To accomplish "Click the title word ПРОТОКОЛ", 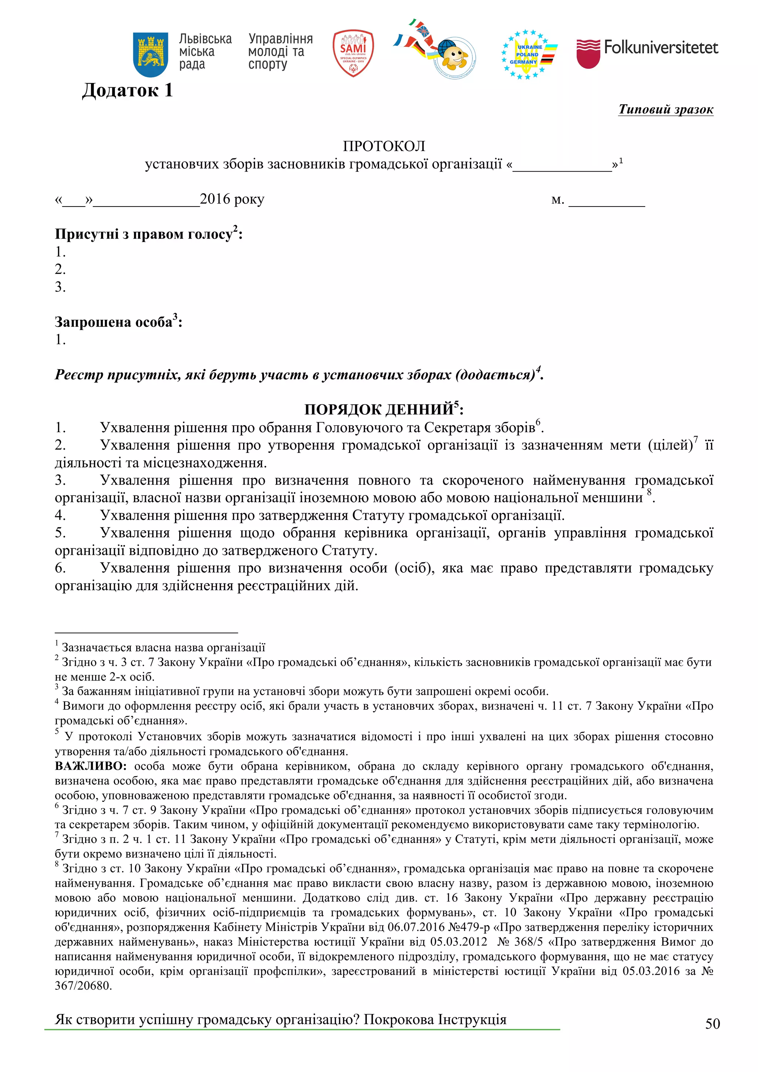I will [x=383, y=146].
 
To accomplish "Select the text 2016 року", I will [x=232, y=199].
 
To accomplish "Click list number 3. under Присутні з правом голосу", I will [x=60, y=287].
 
